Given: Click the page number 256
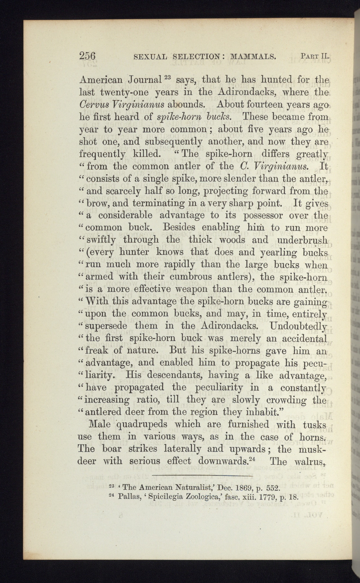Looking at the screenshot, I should tap(87, 56).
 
